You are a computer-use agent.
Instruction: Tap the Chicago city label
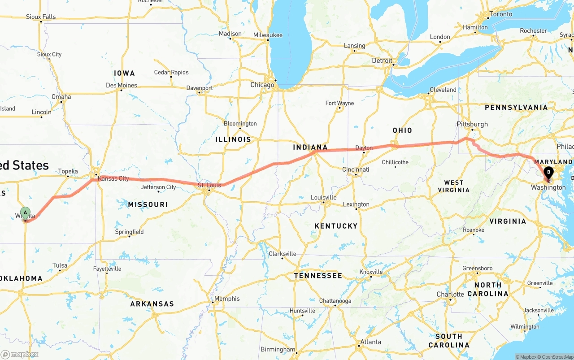(x=262, y=85)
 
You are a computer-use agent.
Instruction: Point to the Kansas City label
(x=113, y=178)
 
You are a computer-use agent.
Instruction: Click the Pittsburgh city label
(x=472, y=124)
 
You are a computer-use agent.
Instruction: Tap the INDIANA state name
(x=310, y=147)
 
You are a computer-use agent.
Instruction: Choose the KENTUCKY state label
(x=336, y=226)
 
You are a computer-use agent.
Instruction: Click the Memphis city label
(x=227, y=299)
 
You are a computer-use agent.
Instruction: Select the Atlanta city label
(x=370, y=342)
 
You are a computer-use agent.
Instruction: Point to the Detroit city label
(x=382, y=61)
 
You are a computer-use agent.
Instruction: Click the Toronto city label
(x=500, y=14)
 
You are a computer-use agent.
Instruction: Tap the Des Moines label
(x=122, y=85)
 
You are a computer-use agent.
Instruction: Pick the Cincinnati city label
(x=355, y=169)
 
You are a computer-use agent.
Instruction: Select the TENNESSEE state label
(x=318, y=276)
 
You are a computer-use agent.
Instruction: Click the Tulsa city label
(x=60, y=265)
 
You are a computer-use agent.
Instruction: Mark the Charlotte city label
(x=450, y=294)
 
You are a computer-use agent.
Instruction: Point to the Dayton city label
(x=364, y=148)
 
